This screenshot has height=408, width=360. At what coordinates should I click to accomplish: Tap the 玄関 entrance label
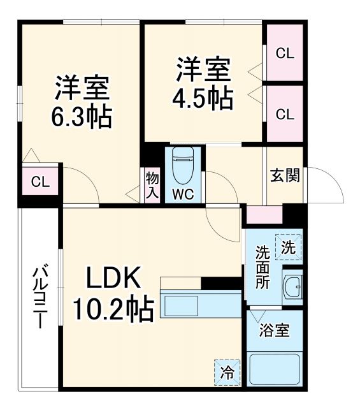[284, 176]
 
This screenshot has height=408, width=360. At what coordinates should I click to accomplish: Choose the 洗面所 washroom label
[263, 266]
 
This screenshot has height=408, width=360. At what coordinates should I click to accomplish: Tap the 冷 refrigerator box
[227, 372]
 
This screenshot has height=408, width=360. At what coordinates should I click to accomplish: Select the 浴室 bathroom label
[275, 331]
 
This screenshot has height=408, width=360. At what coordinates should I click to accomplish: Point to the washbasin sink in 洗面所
[294, 287]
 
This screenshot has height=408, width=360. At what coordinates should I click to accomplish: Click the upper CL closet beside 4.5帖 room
[285, 54]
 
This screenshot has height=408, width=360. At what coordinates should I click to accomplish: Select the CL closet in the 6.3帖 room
[40, 182]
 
